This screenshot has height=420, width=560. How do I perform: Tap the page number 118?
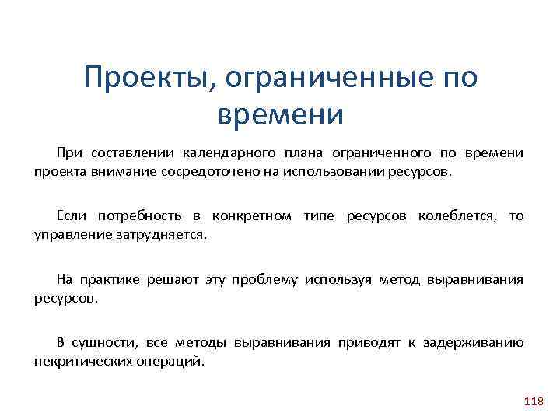pos(534,401)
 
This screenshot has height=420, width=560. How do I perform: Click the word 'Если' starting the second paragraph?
pos(71,215)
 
